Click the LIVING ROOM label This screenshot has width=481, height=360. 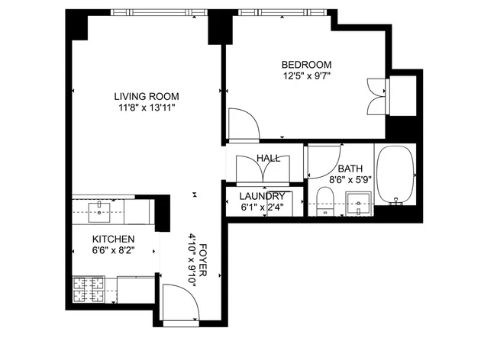(147, 97)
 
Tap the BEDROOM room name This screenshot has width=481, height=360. (306, 65)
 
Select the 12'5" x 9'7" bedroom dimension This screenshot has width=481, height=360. (306, 76)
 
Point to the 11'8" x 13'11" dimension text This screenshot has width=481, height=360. (147, 108)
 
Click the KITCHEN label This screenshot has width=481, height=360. (113, 239)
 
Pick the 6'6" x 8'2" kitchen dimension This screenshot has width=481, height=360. (113, 250)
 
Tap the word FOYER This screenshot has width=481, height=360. (203, 260)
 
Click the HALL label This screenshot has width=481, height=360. (269, 158)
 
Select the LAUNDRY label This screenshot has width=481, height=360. (262, 196)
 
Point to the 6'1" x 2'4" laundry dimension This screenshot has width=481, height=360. (262, 207)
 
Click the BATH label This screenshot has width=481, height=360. (350, 169)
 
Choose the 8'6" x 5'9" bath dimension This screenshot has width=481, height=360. (350, 179)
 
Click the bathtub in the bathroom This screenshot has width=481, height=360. (395, 175)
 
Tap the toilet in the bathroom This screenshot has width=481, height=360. (324, 201)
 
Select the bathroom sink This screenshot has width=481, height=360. (358, 204)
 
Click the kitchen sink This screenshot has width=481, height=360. (99, 212)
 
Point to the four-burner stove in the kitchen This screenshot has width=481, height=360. (89, 290)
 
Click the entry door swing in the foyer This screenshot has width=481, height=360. (181, 302)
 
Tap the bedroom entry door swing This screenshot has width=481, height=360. (244, 124)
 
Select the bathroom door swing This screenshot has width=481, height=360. (324, 162)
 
